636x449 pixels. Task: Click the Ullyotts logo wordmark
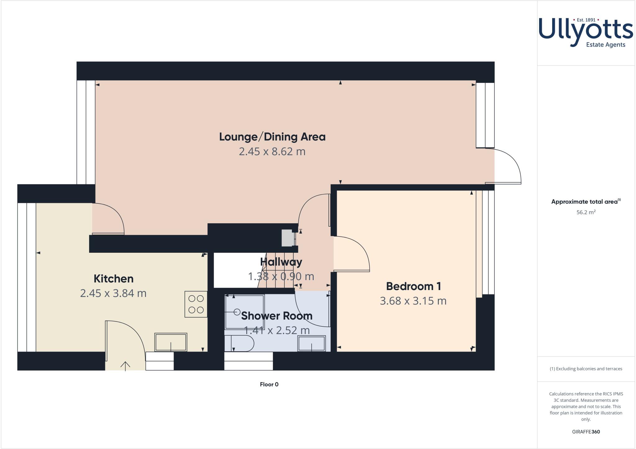(586, 31)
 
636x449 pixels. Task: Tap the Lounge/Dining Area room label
(272, 137)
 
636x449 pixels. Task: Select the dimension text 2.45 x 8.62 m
(272, 152)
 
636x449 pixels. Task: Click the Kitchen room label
(113, 279)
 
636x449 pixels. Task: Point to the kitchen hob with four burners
(196, 304)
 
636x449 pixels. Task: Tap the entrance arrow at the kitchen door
(125, 366)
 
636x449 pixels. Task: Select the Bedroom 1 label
(413, 286)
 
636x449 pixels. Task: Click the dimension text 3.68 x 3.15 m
(413, 301)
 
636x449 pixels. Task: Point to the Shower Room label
(276, 315)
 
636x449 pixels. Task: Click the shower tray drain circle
(237, 311)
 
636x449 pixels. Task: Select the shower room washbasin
(311, 343)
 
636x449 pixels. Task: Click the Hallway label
(281, 262)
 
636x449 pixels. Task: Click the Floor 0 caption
(269, 384)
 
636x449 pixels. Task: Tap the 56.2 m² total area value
(586, 212)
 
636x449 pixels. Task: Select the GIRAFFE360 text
(586, 432)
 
